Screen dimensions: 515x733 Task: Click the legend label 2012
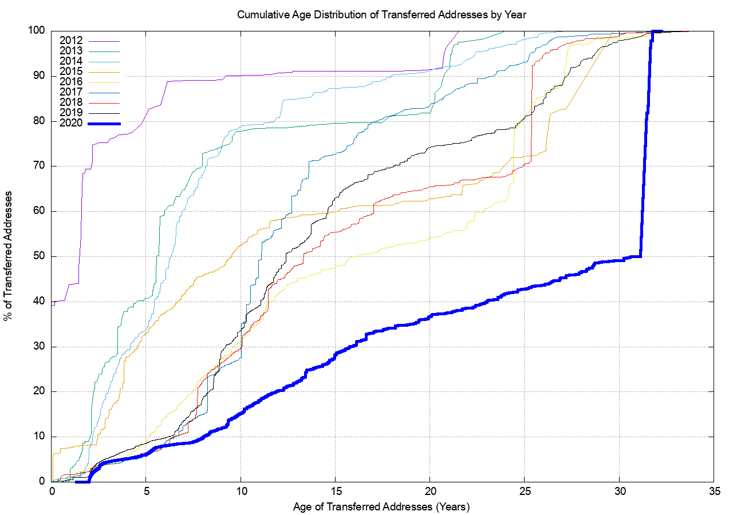[x=71, y=41]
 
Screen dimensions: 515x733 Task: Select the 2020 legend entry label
[x=71, y=123]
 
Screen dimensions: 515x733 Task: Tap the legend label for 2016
[x=71, y=82]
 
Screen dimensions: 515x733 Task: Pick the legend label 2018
[x=71, y=102]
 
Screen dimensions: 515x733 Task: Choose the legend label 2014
[x=71, y=61]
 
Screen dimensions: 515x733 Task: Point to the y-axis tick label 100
[x=37, y=31]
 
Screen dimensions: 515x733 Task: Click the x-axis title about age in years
[x=381, y=507]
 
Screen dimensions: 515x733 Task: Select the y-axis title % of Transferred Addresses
[x=10, y=256]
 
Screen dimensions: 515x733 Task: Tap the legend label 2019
[x=71, y=113]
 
